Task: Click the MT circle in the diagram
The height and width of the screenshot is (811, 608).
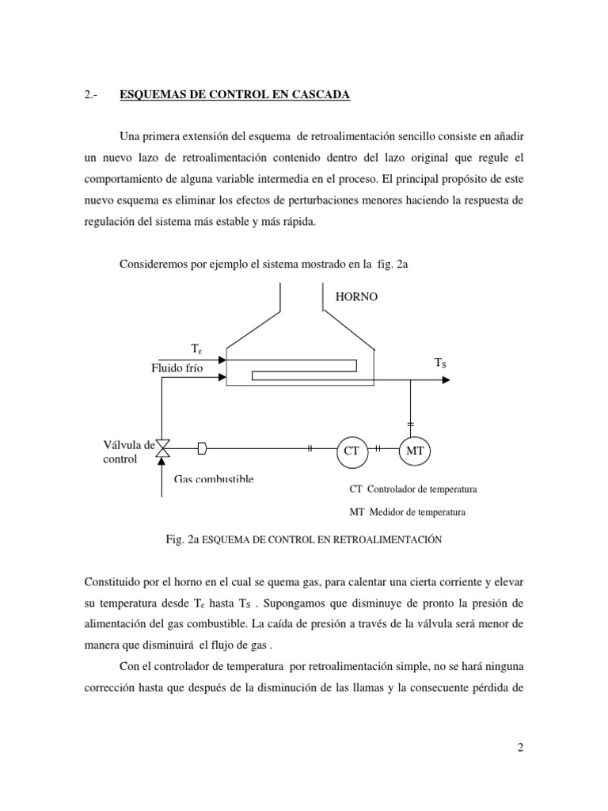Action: coord(413,450)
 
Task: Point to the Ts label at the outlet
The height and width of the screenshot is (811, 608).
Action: coord(440,362)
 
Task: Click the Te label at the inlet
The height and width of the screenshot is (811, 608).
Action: coord(196,348)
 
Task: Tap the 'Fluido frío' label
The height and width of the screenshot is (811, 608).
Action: coord(178,368)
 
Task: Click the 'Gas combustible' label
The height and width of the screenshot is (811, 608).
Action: coord(214,479)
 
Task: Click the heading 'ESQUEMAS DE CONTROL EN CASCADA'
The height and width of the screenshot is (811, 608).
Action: coord(234,95)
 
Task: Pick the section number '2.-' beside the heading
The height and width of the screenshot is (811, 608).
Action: coord(89,95)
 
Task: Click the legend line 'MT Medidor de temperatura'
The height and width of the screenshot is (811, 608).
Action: coord(408,512)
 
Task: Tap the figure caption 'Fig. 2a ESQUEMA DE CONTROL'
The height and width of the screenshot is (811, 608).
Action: coord(303,539)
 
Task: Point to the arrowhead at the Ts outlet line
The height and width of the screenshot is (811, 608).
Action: coord(446,379)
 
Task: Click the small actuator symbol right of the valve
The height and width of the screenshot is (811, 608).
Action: coord(202,449)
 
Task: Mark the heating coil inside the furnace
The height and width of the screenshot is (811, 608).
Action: coord(301,369)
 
